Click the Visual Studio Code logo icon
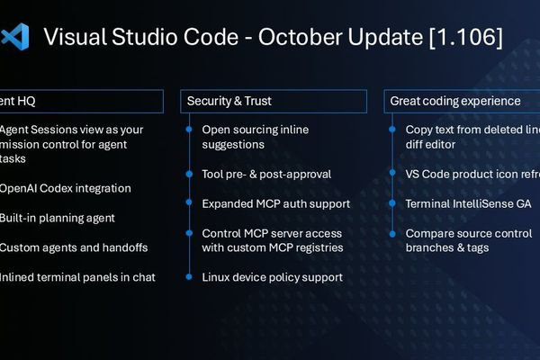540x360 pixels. point(14,37)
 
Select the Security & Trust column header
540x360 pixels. point(229,102)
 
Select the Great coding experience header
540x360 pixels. point(454,102)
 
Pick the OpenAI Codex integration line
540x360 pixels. point(65,188)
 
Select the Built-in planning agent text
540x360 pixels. point(57,218)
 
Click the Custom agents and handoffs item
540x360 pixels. point(74,247)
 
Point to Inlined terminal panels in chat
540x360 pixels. point(77,277)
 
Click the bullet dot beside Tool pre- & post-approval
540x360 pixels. point(189,174)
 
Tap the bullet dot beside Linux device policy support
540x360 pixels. point(189,277)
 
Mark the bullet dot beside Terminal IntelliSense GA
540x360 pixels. point(393,203)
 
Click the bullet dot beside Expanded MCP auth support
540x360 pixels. point(189,203)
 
